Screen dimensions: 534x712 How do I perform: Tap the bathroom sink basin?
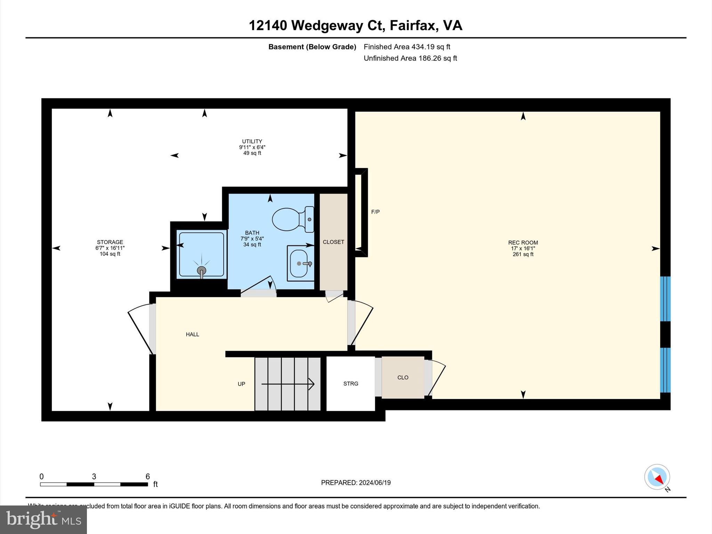click(x=299, y=263)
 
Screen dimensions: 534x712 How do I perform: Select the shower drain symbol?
click(x=201, y=270)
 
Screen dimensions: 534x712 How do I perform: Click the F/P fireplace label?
click(x=375, y=212)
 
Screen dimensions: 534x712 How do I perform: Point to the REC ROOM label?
click(x=523, y=243)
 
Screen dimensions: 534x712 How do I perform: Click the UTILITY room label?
click(x=252, y=141)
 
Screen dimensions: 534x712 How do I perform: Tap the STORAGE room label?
click(x=110, y=242)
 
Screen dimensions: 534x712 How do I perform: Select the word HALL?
click(x=192, y=334)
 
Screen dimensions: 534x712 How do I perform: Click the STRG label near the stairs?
click(x=350, y=383)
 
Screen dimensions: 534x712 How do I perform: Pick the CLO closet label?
click(x=403, y=377)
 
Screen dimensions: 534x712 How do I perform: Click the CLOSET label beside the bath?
click(x=333, y=242)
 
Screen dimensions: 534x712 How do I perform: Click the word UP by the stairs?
click(x=241, y=384)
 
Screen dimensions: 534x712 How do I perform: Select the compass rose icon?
click(x=657, y=477)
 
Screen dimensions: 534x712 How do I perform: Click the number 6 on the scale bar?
click(x=147, y=476)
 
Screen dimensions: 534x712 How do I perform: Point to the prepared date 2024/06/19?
click(x=374, y=483)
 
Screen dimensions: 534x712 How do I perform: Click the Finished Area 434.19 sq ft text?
click(x=407, y=47)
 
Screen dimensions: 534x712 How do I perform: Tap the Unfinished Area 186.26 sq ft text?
click(x=410, y=58)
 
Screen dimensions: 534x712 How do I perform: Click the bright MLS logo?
click(x=43, y=519)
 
